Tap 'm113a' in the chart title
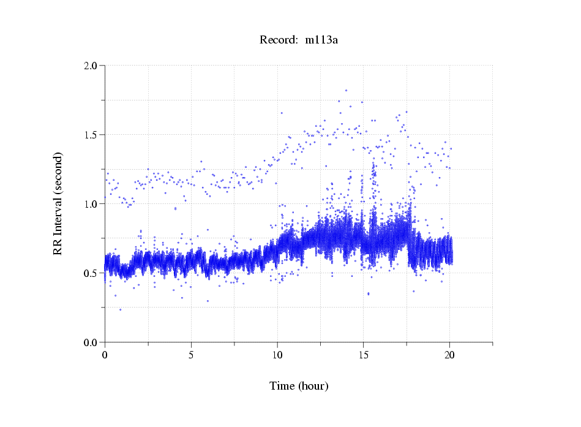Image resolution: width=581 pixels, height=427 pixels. tap(321, 40)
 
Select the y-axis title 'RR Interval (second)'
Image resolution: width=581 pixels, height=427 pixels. tap(58, 203)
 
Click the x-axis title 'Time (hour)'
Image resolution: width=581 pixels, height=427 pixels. tap(299, 386)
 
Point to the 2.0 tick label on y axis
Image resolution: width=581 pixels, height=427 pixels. tap(91, 66)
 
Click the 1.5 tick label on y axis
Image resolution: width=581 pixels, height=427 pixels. tap(91, 135)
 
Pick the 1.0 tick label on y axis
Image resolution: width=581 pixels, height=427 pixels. tap(91, 204)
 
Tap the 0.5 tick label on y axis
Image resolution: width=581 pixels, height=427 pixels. tap(91, 273)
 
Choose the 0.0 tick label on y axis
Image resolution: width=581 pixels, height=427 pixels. tap(91, 342)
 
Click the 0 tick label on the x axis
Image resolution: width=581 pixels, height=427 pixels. tap(105, 355)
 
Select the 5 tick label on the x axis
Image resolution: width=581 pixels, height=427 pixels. tap(191, 355)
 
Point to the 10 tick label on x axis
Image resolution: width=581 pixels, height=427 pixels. tap(277, 355)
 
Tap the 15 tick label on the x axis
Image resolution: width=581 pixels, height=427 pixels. tap(364, 355)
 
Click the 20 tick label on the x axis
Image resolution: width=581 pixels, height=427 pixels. tap(450, 355)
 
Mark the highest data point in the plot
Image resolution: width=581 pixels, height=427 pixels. tap(346, 90)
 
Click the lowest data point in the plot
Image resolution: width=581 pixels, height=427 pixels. tap(120, 310)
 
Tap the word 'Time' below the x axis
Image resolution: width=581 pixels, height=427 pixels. tap(282, 386)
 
